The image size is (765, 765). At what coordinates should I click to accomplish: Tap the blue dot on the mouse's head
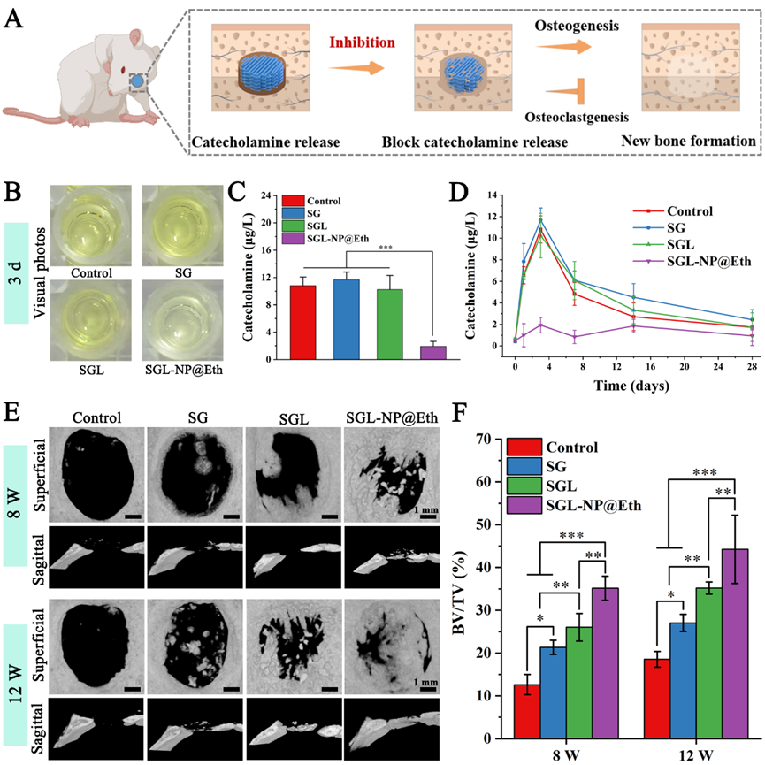[x=136, y=82]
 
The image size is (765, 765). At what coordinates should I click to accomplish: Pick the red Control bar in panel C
[x=302, y=323]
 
